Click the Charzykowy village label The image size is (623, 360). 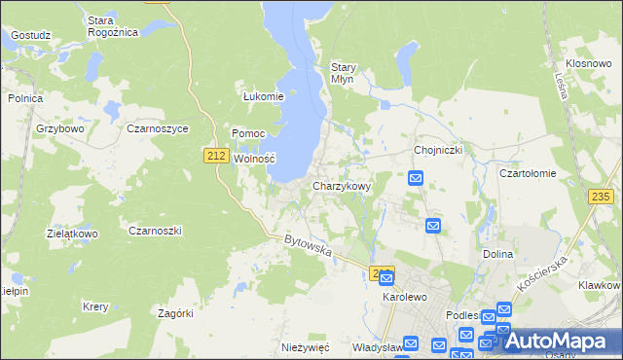(341, 185)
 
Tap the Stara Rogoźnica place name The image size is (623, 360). (113, 25)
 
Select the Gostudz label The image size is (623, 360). (30, 35)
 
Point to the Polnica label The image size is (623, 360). (24, 98)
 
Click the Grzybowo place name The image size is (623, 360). (60, 127)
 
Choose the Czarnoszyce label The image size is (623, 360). (158, 127)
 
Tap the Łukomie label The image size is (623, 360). (263, 96)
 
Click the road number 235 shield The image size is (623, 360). (601, 197)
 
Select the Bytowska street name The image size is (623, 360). (309, 245)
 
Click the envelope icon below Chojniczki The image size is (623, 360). (416, 178)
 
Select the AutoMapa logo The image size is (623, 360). (558, 340)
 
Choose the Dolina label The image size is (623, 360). (497, 253)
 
